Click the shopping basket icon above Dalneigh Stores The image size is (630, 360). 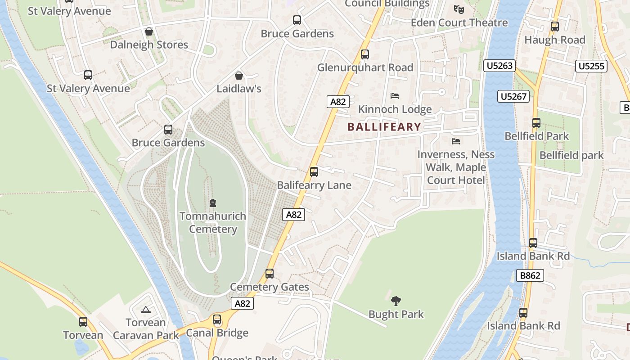tap(149, 31)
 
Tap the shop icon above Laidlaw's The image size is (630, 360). tap(239, 76)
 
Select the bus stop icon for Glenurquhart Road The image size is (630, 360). tap(365, 54)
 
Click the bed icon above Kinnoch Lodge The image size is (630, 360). tap(395, 96)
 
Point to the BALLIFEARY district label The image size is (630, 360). tap(384, 127)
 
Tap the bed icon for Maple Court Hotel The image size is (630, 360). tap(456, 141)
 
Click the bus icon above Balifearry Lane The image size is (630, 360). tap(314, 172)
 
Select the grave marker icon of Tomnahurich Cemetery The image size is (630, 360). tap(213, 203)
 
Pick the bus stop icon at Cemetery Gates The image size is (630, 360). tap(270, 274)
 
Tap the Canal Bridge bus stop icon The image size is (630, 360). tap(217, 320)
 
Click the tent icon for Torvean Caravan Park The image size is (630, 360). tap(145, 310)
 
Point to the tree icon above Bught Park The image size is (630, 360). tap(396, 301)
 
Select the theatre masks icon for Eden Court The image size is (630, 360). tap(459, 9)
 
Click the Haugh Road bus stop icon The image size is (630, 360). tap(555, 27)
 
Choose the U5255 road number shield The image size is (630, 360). tap(591, 66)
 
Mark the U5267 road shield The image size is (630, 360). tap(513, 96)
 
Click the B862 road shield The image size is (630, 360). tap(530, 275)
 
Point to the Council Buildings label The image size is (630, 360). tap(387, 4)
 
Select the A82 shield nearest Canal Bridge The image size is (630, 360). tap(242, 303)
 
